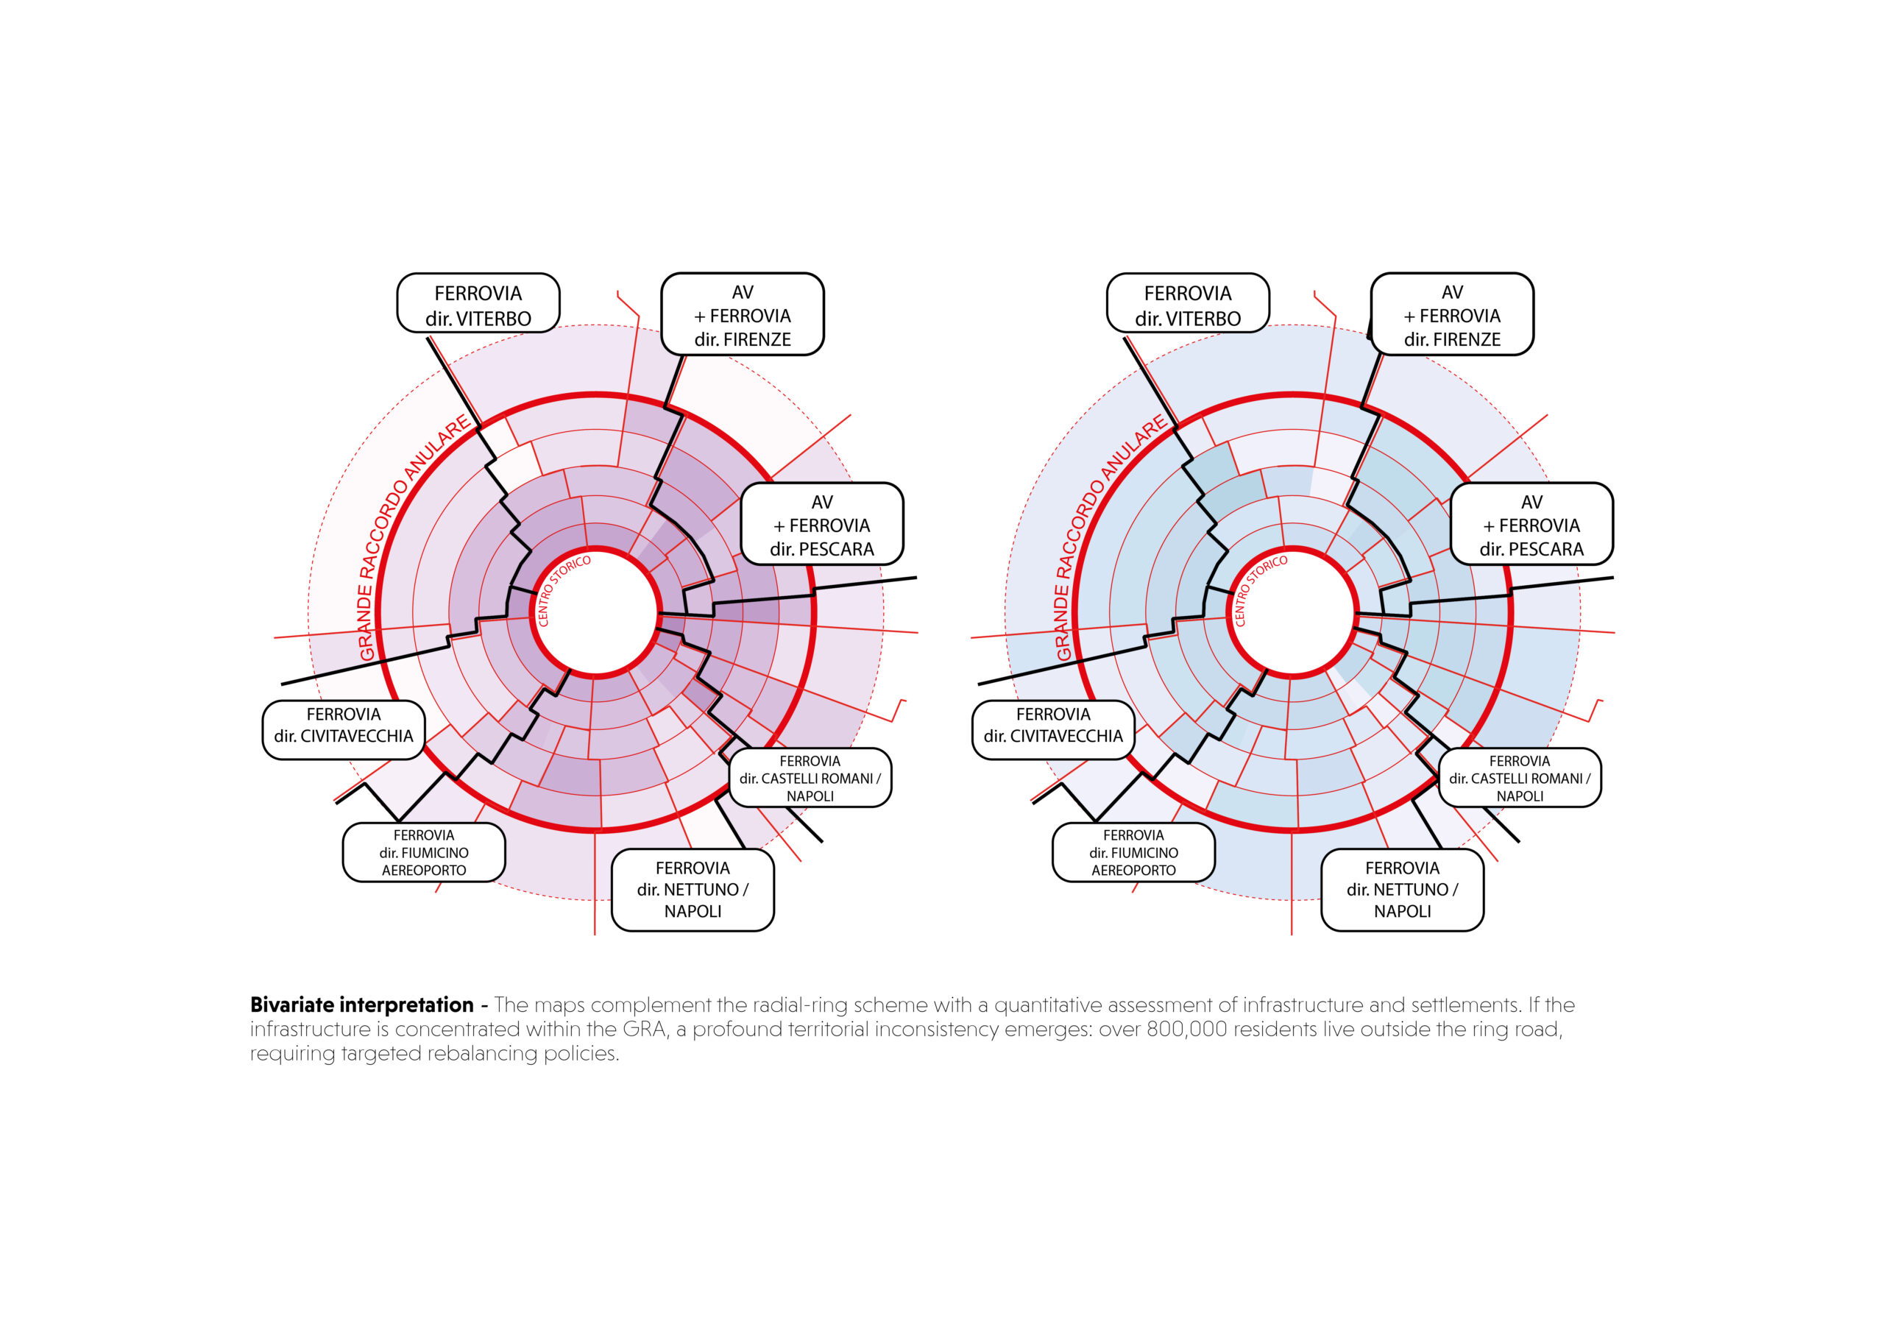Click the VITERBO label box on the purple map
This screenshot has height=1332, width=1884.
(478, 303)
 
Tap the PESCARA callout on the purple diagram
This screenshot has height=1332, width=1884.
(822, 524)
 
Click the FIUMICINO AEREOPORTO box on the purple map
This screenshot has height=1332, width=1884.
(423, 852)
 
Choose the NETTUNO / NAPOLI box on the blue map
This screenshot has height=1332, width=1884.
(1403, 890)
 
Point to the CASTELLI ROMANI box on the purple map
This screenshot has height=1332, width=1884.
(810, 777)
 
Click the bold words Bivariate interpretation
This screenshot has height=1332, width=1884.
(362, 1005)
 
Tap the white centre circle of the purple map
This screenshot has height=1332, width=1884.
(597, 612)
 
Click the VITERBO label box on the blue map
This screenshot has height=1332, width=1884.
(1187, 303)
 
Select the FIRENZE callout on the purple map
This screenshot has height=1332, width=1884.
(743, 314)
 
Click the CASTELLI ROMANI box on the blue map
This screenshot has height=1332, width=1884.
(1520, 777)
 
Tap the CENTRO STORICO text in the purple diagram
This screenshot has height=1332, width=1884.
(563, 591)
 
